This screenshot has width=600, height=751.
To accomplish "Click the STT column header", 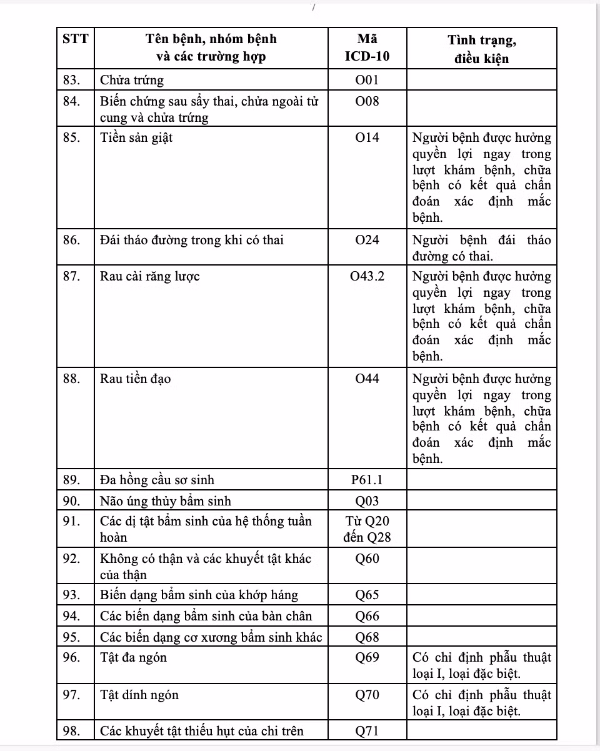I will click(76, 39).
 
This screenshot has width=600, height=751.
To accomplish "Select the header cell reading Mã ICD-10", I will click(367, 47).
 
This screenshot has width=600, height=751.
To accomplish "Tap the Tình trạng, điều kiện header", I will click(481, 49).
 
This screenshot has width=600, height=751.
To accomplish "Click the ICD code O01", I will click(367, 80).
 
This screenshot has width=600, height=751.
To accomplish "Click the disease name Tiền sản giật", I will click(136, 138).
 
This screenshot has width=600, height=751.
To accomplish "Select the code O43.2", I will click(367, 277).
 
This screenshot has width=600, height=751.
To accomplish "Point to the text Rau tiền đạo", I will click(136, 379).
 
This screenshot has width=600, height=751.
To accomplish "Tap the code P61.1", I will click(367, 480).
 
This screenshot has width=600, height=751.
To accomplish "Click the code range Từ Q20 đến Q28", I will click(367, 529).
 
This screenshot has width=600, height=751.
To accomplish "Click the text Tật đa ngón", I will click(134, 657).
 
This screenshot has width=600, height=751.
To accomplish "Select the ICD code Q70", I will click(367, 695).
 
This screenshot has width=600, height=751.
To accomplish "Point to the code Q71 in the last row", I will click(367, 731).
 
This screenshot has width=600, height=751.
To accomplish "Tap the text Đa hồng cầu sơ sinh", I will click(157, 480).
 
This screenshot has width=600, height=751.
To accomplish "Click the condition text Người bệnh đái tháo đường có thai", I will click(481, 248).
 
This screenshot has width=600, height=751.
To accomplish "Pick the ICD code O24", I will click(367, 241).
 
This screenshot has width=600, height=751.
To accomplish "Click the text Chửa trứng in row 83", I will click(132, 80).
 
